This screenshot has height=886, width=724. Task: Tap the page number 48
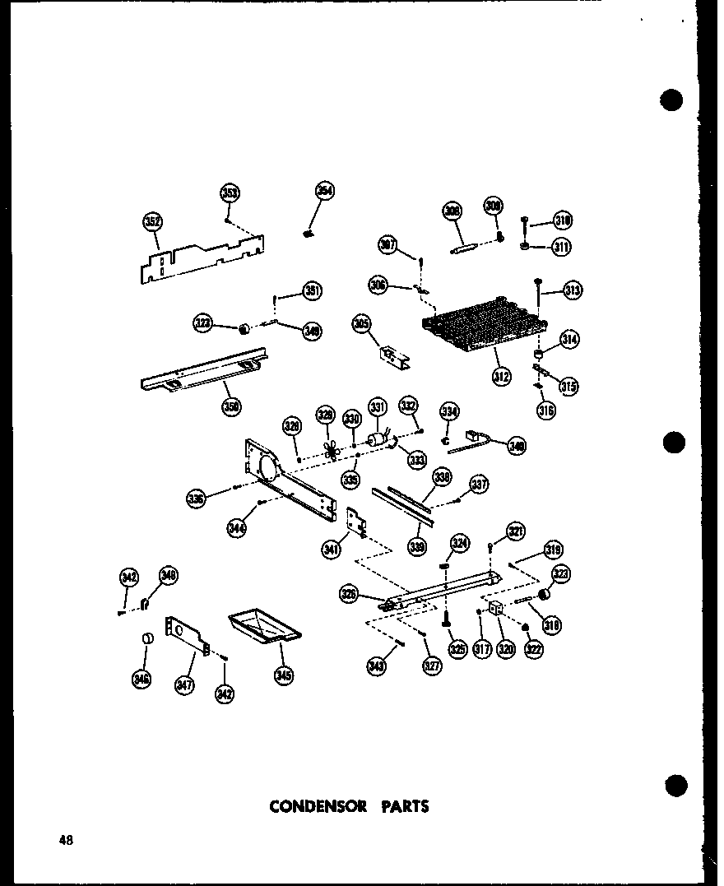(66, 840)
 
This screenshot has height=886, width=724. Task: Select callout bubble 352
(152, 221)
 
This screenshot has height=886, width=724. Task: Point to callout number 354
(324, 192)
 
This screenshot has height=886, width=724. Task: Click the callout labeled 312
(501, 377)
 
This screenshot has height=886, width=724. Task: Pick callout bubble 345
(284, 675)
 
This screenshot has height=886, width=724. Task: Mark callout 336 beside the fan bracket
(196, 499)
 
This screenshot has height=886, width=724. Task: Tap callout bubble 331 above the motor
(377, 407)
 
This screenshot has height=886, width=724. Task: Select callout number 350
(231, 405)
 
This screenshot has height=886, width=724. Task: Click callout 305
(360, 324)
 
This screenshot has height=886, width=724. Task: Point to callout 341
(332, 550)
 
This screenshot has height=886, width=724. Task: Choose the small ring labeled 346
(146, 638)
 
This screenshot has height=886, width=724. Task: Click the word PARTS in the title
(403, 806)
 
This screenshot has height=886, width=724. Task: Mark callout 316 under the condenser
(546, 409)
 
